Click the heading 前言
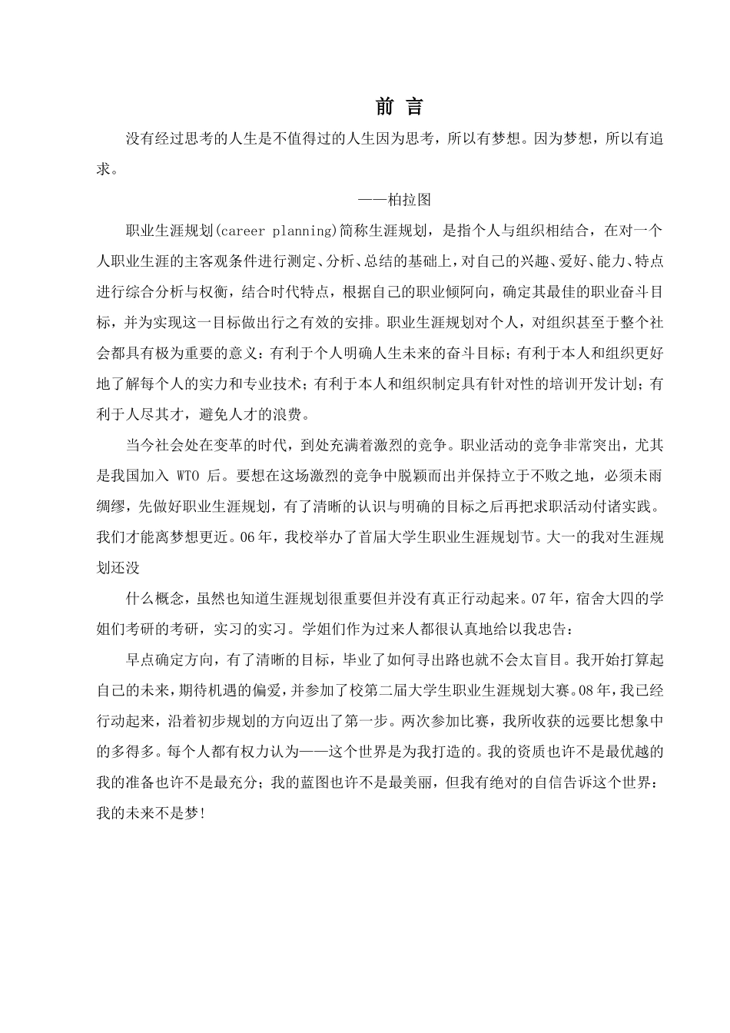(400, 107)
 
